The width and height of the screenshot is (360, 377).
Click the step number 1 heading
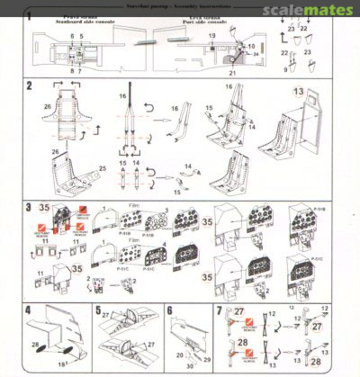click(x=29, y=16)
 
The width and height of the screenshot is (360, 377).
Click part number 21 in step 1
click(x=232, y=73)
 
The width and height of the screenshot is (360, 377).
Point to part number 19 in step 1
click(x=212, y=36)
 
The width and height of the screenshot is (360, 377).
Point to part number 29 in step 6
click(x=207, y=360)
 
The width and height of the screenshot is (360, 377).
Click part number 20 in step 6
click(x=180, y=355)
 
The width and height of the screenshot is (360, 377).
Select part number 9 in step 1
click(x=285, y=70)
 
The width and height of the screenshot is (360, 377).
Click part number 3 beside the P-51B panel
click(x=167, y=210)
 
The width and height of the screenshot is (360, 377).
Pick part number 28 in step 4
click(x=35, y=345)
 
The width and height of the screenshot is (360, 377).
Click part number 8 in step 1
click(x=72, y=71)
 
